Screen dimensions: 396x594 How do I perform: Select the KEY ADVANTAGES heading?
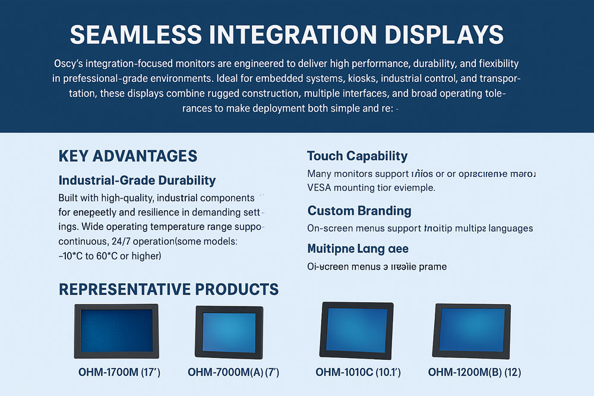pos(128,156)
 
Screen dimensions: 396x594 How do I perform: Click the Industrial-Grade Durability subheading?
pos(137,180)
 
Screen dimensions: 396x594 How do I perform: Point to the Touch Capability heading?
pos(357,156)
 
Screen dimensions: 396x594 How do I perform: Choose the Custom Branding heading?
pos(359,211)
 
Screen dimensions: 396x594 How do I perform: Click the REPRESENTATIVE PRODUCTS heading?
pos(169,290)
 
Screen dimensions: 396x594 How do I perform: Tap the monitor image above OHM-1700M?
pos(116,331)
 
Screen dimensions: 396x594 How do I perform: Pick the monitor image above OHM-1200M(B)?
pos(473,331)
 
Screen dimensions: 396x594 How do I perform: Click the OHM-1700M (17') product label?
pos(119,373)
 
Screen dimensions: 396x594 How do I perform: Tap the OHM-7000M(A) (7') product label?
pos(233,373)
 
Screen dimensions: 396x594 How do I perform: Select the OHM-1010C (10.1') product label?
pos(358,373)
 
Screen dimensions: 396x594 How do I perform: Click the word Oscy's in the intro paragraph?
pos(70,63)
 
